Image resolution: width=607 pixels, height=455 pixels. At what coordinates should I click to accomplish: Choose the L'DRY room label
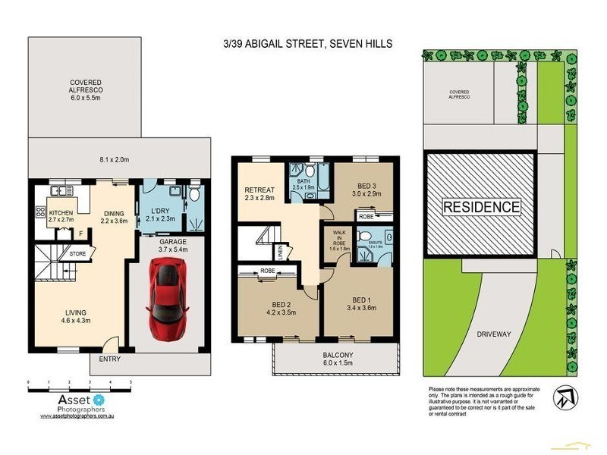[160, 215]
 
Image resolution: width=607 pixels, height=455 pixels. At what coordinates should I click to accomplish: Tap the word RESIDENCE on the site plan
[482, 207]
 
